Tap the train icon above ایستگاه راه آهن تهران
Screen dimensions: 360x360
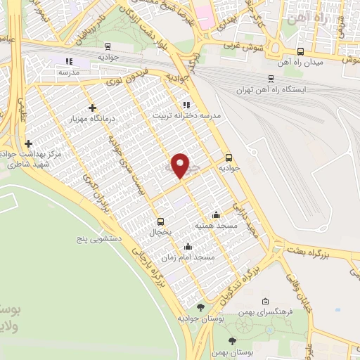(x=271, y=79)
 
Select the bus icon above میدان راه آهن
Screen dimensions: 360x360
(x=301, y=51)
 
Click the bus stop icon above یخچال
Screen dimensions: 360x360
(x=160, y=220)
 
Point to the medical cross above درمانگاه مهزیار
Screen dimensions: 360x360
(x=92, y=108)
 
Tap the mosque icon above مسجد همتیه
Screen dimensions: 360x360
(x=216, y=214)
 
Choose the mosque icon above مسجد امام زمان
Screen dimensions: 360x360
(x=188, y=247)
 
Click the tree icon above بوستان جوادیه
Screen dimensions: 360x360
(x=201, y=307)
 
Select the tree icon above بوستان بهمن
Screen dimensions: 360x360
(x=233, y=341)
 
